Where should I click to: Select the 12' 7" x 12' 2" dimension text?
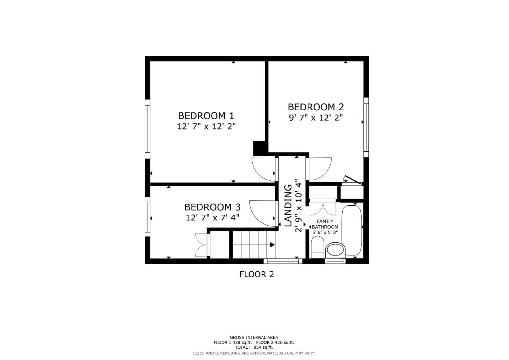[206, 126]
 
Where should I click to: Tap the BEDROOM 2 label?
[316, 107]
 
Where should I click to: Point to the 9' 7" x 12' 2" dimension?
[316, 118]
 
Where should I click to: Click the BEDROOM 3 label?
[212, 207]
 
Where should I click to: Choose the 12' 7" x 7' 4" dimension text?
[212, 218]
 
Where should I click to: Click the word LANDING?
[288, 205]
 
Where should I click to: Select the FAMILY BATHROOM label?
[325, 224]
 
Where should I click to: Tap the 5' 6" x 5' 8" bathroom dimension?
[325, 232]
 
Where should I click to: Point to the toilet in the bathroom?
[317, 248]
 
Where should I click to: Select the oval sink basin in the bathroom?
[335, 249]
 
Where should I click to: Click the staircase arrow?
[272, 245]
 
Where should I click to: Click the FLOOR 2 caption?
[256, 274]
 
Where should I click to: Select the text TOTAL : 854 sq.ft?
[254, 347]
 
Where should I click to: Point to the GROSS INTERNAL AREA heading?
[254, 337]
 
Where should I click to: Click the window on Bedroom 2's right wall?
[366, 127]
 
